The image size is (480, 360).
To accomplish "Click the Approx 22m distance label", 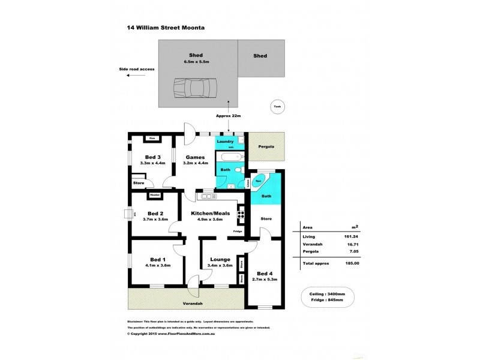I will point(227,116).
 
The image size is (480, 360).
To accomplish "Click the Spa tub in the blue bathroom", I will point(259,180).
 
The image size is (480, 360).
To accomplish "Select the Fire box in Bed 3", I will point(152,139).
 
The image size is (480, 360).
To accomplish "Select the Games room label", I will point(194,157).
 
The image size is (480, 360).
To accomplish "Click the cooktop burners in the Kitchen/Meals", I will point(241,214).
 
